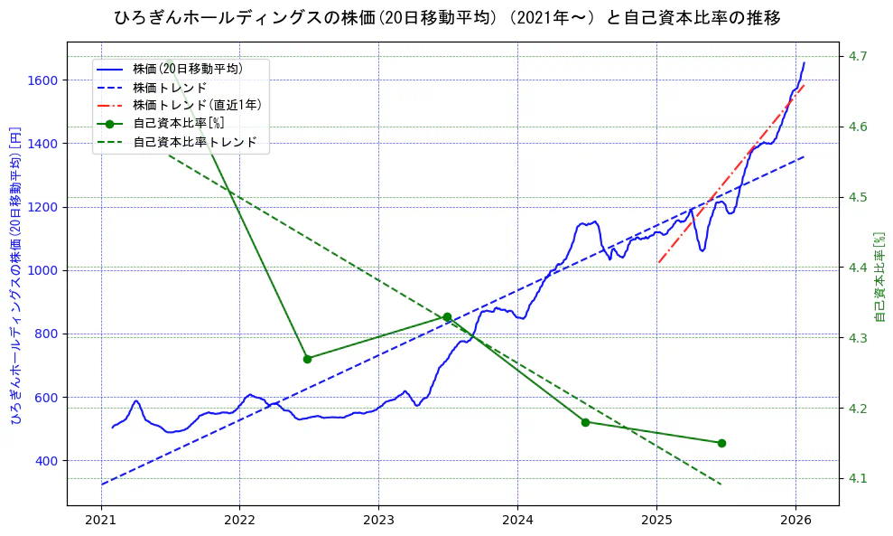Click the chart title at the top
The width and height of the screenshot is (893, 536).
tap(447, 17)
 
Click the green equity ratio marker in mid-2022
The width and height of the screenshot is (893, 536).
tap(307, 359)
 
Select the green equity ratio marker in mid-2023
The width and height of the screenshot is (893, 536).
tap(447, 317)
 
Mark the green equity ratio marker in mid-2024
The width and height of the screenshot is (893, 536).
tap(585, 422)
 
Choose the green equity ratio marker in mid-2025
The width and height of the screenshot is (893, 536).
tap(721, 443)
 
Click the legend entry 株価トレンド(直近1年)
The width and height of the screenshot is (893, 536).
tap(197, 105)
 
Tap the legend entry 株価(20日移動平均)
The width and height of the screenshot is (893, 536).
tap(187, 68)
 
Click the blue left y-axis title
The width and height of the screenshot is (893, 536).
tap(15, 274)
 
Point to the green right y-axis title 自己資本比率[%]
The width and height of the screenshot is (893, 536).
tap(881, 277)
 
